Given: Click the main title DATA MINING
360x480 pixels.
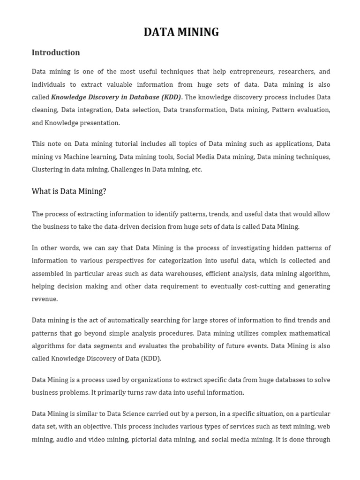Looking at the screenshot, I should click(181, 32).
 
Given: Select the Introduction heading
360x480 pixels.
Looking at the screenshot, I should click(56, 52).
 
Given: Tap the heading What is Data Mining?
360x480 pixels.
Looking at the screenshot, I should click(69, 191).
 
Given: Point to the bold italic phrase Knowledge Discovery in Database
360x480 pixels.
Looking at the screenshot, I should click(105, 97).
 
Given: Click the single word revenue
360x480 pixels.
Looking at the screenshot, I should click(45, 299).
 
